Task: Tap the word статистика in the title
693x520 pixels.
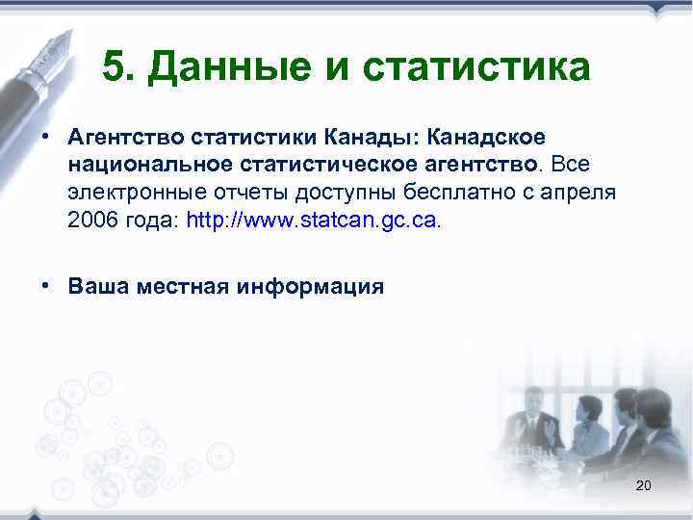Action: click(469, 68)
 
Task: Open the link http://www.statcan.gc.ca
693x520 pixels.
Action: click(311, 221)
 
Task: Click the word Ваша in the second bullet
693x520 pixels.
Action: click(97, 286)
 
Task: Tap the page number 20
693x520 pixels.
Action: click(643, 486)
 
